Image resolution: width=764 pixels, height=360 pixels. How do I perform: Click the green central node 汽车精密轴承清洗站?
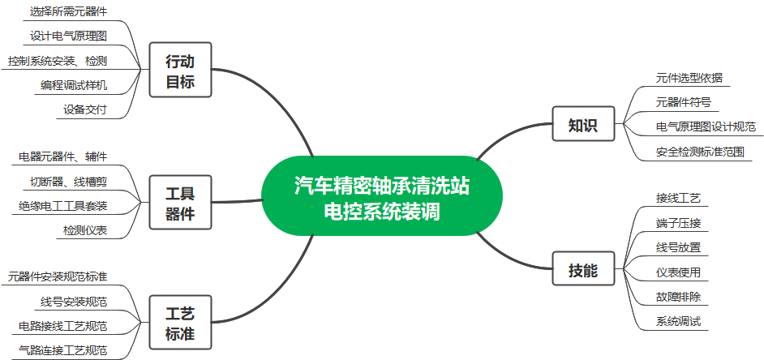pyautogui.click(x=381, y=195)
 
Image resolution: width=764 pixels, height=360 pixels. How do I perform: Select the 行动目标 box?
pyautogui.click(x=180, y=71)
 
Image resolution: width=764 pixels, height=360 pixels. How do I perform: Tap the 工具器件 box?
pyautogui.click(x=180, y=203)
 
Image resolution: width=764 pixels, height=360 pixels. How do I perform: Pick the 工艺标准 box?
pyautogui.click(x=180, y=323)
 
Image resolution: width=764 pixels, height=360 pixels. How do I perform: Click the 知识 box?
pyautogui.click(x=583, y=126)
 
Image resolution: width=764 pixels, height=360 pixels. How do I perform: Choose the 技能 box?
pyautogui.click(x=583, y=269)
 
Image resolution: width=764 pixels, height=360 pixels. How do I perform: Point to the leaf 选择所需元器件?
pyautogui.click(x=68, y=11)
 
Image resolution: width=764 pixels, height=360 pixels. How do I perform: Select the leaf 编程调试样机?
pyautogui.click(x=74, y=84)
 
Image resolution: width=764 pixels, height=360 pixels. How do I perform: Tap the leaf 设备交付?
pyautogui.click(x=85, y=109)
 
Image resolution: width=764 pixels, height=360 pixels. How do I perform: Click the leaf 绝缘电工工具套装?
pyautogui.click(x=62, y=204)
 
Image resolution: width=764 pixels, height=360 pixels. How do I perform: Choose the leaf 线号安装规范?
pyautogui.click(x=74, y=302)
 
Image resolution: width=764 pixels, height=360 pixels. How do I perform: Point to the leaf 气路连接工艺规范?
pyautogui.click(x=62, y=350)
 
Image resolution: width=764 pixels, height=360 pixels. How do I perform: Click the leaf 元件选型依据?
pyautogui.click(x=689, y=78)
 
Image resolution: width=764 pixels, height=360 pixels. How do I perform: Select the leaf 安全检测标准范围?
pyautogui.click(x=700, y=152)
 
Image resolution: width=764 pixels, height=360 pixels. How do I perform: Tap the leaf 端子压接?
pyautogui.click(x=678, y=222)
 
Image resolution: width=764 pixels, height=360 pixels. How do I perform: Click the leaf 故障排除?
pyautogui.click(x=678, y=296)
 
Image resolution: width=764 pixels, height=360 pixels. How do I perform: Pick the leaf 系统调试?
pyautogui.click(x=678, y=321)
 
